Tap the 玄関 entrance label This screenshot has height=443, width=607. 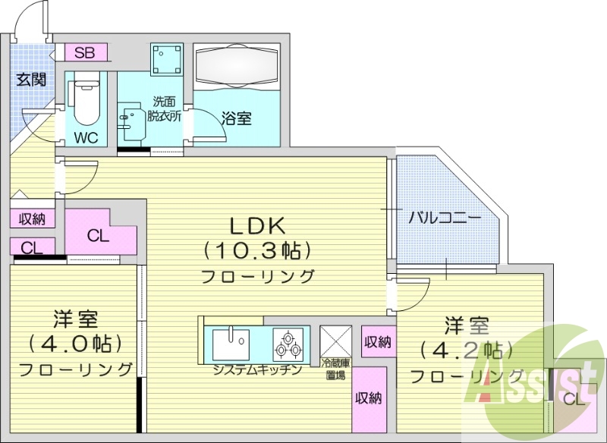coord(32,79)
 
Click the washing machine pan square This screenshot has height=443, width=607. coord(166,58)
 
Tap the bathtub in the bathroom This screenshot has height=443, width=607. coord(236,65)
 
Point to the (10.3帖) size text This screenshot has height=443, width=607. coord(257,250)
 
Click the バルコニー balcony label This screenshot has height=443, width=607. coord(444,217)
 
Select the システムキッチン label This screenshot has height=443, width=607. coord(257,370)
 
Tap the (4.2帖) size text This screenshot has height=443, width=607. coord(462,350)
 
